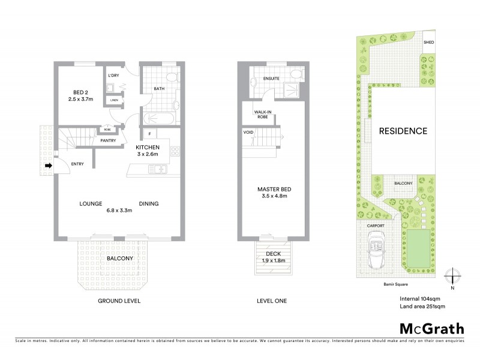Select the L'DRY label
pos(113,76)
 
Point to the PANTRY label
pos(108,141)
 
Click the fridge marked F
pos(148,134)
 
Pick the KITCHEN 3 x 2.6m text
pos(147,150)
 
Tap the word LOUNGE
pos(92,203)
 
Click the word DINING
pos(149,203)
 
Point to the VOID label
pos(248,132)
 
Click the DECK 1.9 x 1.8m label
pos(273,257)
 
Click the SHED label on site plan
pos(428,43)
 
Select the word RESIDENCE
pos(403,131)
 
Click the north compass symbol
pos(453,277)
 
